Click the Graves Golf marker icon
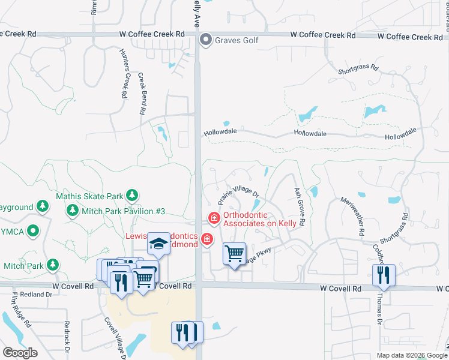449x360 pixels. [206, 40]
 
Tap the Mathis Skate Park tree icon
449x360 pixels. [132, 196]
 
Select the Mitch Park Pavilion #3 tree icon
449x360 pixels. [73, 211]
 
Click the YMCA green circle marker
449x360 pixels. [34, 230]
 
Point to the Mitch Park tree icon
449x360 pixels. [53, 265]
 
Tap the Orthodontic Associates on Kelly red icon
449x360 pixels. [212, 217]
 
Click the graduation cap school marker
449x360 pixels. [158, 244]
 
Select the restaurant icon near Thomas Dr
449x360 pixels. [382, 275]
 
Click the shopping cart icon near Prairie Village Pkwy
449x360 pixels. [234, 253]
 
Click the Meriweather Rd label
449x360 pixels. [352, 215]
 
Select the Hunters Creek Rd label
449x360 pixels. [123, 73]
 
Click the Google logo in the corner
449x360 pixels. [20, 353]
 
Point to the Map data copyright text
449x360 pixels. [411, 355]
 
